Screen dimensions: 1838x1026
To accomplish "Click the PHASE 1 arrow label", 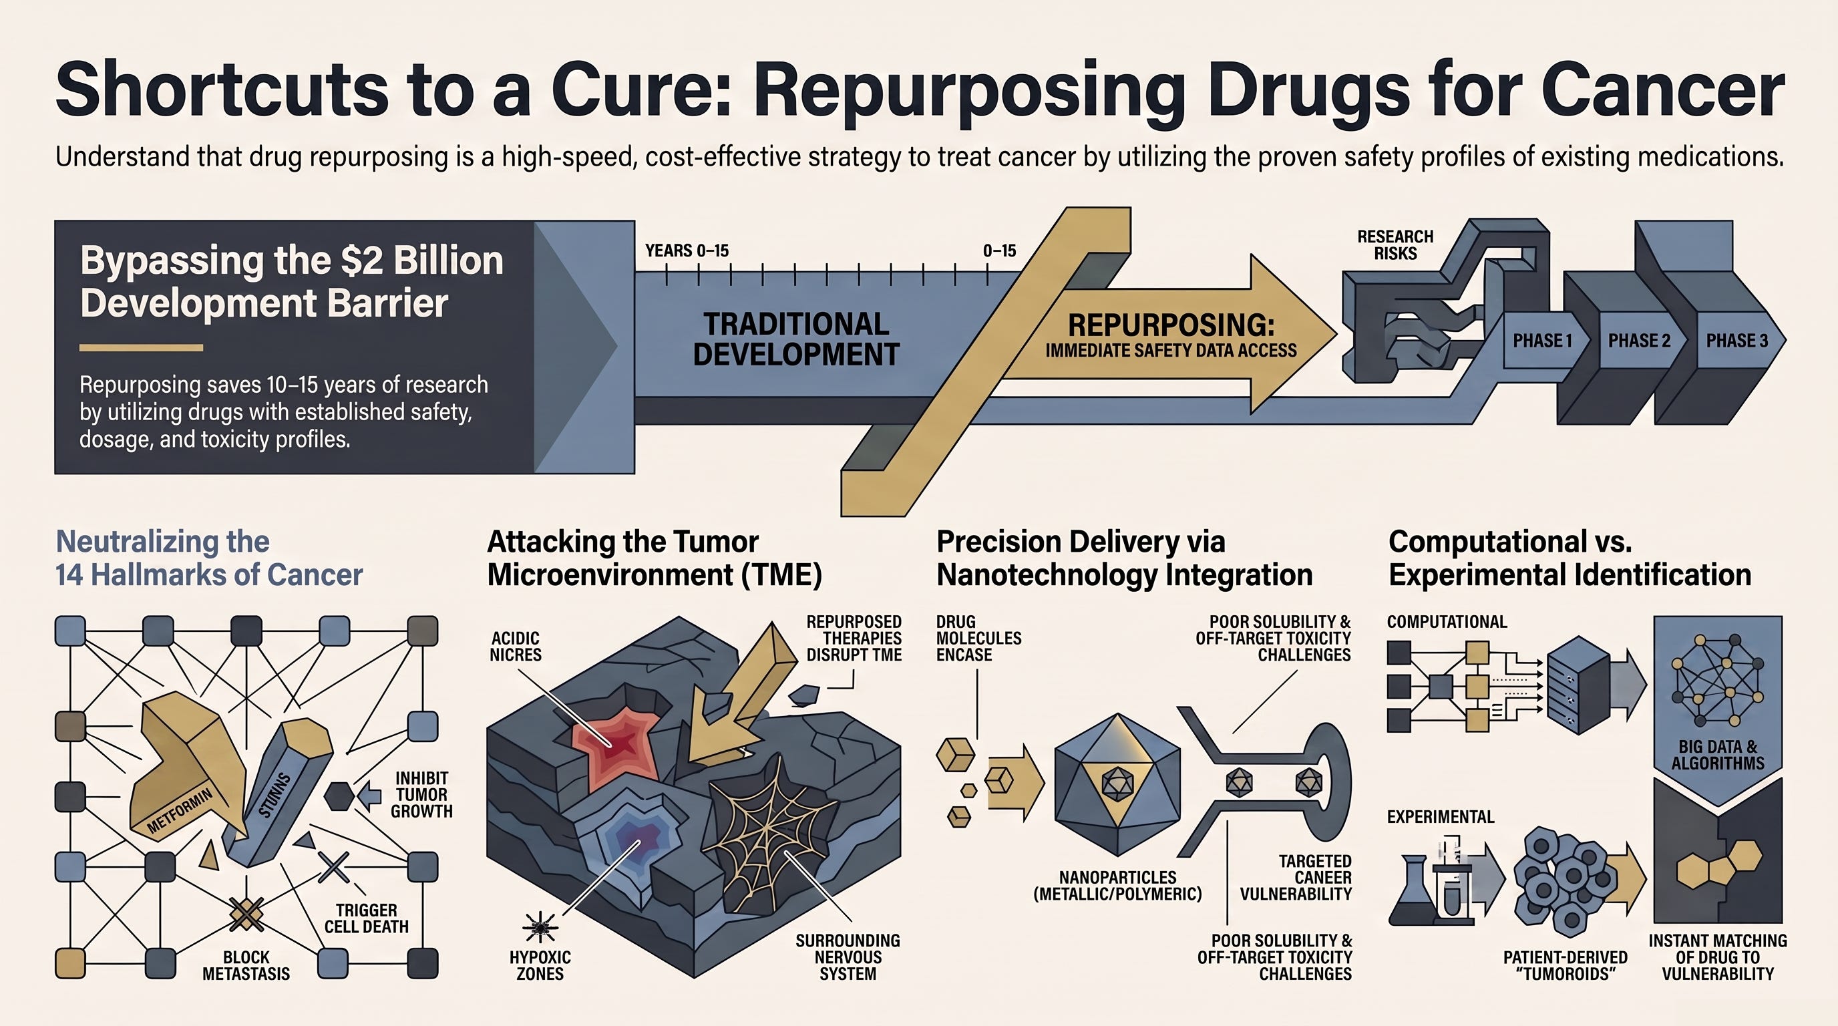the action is click(1542, 341).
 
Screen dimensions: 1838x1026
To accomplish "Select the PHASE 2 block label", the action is click(1639, 341).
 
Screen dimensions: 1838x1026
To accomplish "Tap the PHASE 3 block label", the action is click(1736, 341).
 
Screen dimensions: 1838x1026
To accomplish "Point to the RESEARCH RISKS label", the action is click(1395, 244).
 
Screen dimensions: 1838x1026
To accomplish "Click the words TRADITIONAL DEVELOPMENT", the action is click(796, 339).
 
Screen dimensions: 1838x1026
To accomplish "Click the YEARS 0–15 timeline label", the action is click(687, 250).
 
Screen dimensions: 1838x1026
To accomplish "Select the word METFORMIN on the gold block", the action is click(180, 811).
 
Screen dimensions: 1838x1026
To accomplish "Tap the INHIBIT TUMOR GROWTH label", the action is click(421, 794).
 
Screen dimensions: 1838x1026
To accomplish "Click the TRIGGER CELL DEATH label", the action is click(367, 918).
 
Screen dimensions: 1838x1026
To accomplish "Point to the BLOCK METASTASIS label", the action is click(246, 965).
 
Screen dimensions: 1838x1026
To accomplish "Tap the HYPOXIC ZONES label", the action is click(540, 965).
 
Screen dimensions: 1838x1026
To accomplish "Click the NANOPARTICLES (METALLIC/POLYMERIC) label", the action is click(1117, 886).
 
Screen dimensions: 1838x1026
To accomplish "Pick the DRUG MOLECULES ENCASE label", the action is click(978, 638).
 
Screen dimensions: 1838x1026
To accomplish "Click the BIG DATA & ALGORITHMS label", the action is click(1717, 755).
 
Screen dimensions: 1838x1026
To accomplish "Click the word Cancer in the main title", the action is click(1662, 91).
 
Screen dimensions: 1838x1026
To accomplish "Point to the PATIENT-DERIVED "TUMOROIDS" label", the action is click(1566, 965).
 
